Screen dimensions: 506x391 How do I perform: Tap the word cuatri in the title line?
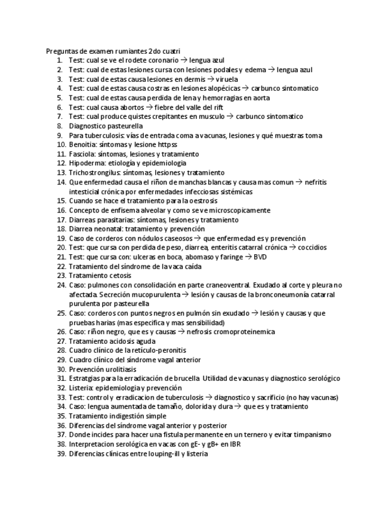pyautogui.click(x=169, y=51)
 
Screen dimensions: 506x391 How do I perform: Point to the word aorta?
pyautogui.click(x=261, y=97)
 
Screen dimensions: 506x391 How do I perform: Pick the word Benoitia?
pyautogui.click(x=82, y=144)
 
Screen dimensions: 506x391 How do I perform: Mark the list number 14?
pyautogui.click(x=61, y=182)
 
